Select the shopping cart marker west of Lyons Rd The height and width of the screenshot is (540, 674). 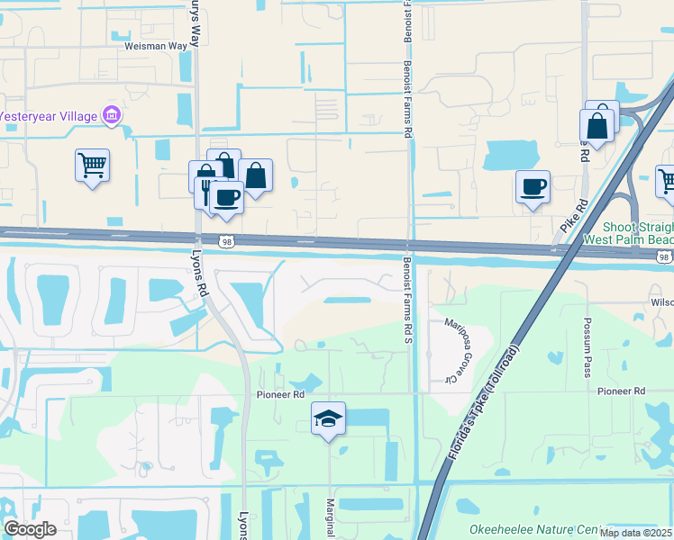click(x=92, y=166)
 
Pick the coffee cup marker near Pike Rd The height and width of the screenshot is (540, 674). click(x=533, y=187)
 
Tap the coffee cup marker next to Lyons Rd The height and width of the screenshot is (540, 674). click(x=227, y=196)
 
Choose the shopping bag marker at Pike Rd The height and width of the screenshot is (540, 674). click(x=597, y=126)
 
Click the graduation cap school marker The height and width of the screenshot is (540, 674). click(x=328, y=418)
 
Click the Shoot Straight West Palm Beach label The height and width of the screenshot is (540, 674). click(x=627, y=235)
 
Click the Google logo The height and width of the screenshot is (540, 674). click(x=30, y=528)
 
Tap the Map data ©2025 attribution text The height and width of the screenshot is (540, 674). click(x=634, y=532)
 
